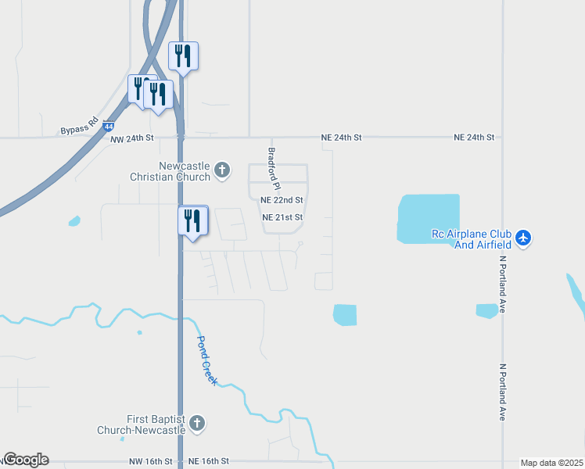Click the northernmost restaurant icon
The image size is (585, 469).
pos(184,56)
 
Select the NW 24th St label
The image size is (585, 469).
pos(132,138)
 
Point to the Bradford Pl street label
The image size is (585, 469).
pos(273,170)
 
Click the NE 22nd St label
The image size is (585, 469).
pos(282,201)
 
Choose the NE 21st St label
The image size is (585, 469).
pos(282,217)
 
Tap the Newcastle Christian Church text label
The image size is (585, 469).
pos(185,171)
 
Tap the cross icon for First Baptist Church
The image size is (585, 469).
pos(197,424)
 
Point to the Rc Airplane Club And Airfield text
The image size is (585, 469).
pos(471,238)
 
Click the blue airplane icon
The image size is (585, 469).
pos(523,237)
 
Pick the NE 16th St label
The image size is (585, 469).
pos(209,462)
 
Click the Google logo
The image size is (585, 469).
pos(26,460)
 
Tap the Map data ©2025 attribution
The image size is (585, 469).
pos(551,463)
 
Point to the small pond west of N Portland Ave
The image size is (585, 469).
pos(486,310)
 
